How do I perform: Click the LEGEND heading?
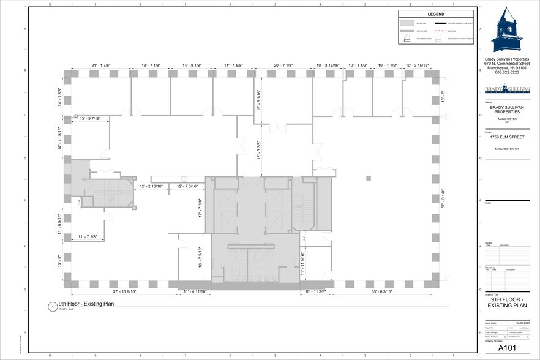click(x=436, y=14)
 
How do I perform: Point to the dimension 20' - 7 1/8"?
click(x=283, y=64)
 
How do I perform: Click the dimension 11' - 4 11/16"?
click(x=195, y=291)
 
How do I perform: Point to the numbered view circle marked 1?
click(x=52, y=306)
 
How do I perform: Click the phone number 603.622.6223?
click(x=507, y=72)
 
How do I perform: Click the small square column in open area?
click(x=369, y=178)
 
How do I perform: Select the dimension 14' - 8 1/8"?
click(x=195, y=64)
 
